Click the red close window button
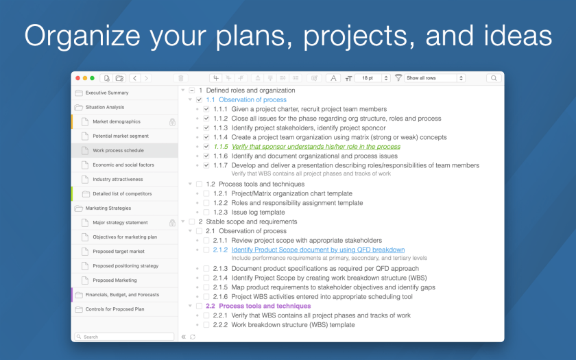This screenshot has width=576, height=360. (x=77, y=78)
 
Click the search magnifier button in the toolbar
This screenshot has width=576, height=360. (x=494, y=78)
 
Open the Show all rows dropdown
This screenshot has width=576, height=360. (x=435, y=78)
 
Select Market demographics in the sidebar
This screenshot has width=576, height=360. (x=117, y=121)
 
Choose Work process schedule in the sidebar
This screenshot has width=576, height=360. (x=119, y=150)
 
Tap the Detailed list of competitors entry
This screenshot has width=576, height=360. (x=122, y=193)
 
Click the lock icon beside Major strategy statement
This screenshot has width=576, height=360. (x=172, y=223)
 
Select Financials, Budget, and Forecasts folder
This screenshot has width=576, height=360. (x=122, y=295)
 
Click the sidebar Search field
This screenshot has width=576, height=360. (x=124, y=337)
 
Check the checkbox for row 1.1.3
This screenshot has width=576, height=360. (x=206, y=128)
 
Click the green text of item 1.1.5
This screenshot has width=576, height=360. (x=315, y=147)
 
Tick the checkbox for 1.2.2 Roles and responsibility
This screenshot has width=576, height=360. (x=206, y=203)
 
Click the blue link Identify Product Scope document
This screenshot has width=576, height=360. (x=317, y=250)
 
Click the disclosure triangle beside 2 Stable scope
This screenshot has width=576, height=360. (x=183, y=221)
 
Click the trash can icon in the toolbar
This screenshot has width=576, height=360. (x=181, y=78)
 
